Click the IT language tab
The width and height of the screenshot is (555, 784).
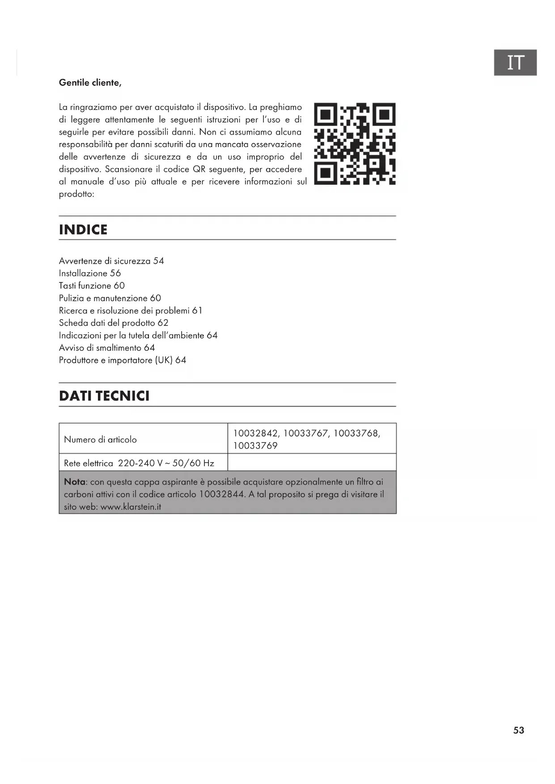coord(515,63)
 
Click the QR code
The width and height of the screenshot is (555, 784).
coord(355,143)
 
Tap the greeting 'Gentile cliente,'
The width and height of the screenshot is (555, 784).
coord(90,83)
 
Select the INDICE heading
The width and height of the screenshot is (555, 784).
coord(83,230)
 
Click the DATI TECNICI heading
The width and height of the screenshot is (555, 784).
coord(104,396)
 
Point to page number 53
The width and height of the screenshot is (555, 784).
coord(518,730)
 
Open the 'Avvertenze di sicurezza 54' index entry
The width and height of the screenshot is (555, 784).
coord(111,261)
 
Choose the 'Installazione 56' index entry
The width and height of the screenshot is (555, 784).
coord(90,274)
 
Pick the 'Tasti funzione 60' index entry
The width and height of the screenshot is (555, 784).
coord(92,286)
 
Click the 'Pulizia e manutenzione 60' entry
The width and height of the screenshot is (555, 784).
coord(110,298)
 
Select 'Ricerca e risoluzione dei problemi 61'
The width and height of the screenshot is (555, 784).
coord(131,311)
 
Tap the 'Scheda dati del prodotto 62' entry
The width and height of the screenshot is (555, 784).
coord(114,323)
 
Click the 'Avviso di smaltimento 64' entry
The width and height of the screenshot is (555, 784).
coord(107,348)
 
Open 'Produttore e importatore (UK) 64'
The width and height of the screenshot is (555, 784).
coord(123,360)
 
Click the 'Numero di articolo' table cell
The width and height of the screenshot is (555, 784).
coord(100,440)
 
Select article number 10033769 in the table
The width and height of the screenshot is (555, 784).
coord(255,446)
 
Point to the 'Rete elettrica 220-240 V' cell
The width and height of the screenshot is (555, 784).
coord(139,464)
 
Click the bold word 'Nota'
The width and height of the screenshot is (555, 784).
coord(74,482)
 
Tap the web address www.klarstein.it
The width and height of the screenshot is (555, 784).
coord(131,507)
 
